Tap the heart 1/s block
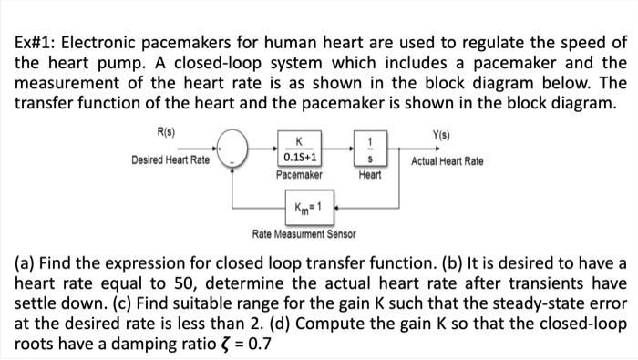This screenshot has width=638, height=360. [368, 149]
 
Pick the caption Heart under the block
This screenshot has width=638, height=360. [370, 173]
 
